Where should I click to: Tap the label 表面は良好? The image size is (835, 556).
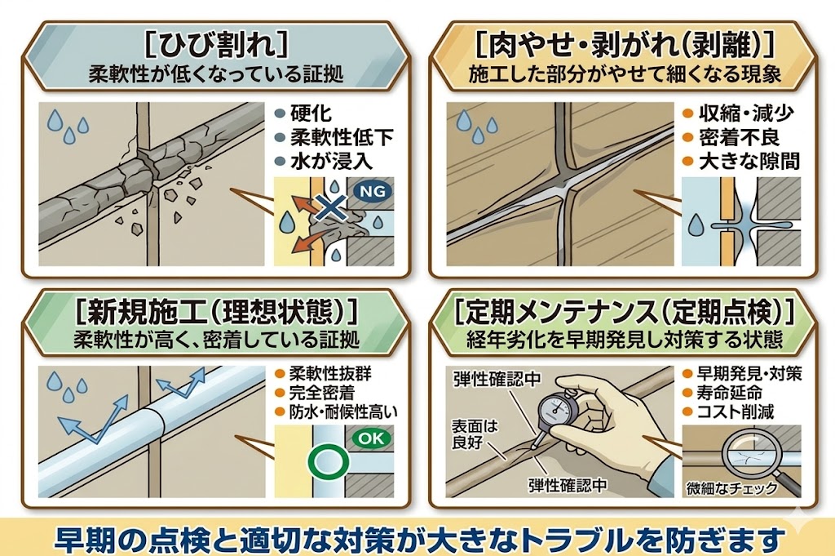pos(470,432)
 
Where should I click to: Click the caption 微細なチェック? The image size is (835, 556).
pos(731,489)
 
